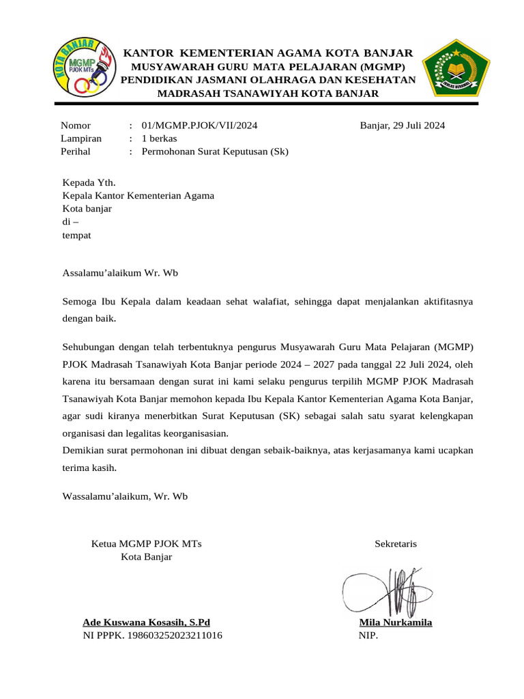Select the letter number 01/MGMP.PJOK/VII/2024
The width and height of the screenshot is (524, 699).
pos(199,126)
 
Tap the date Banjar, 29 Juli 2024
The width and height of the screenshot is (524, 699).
pos(403,126)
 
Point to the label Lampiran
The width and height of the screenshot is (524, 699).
pos(81,139)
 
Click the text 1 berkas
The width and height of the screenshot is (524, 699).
pos(159,139)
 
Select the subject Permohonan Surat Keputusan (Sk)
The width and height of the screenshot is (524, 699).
pos(215,152)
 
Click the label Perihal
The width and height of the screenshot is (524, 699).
pos(76,152)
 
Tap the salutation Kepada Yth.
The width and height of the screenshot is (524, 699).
pos(89,182)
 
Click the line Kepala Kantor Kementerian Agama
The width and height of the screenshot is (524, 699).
pos(139,196)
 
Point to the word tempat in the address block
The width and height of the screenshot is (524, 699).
pos(77,236)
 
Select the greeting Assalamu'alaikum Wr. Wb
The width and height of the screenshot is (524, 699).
pos(121,272)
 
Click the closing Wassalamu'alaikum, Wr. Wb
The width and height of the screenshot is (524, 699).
pos(125,496)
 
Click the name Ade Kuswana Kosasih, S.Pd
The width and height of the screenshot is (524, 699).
pos(147,623)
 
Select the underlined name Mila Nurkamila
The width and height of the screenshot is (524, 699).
pos(396,623)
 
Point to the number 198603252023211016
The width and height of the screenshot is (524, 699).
pos(175,636)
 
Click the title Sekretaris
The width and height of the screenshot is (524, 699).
pos(396,544)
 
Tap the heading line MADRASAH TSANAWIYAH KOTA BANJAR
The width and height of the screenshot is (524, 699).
pos(268,93)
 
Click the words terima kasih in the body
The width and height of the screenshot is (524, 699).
pos(89,468)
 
